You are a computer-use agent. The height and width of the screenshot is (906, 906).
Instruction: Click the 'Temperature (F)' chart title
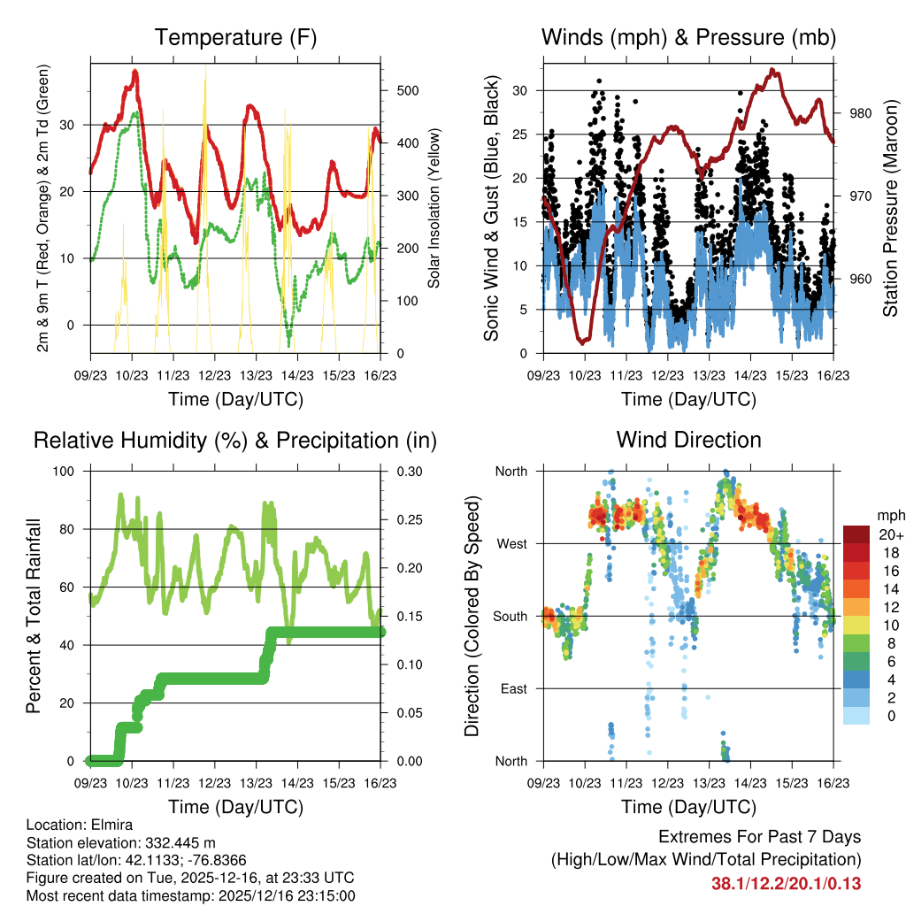234,38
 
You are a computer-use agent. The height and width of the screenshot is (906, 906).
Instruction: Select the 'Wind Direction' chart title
688,440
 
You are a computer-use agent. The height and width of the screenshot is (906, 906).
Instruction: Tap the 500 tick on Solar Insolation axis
408,91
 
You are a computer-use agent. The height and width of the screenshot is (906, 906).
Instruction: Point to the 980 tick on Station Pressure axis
850,113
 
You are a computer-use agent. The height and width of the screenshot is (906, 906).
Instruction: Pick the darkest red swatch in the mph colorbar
856,534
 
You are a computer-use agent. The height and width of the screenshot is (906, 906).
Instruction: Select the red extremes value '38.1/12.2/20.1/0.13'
786,883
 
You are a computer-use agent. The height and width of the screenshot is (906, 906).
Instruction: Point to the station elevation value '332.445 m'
173,842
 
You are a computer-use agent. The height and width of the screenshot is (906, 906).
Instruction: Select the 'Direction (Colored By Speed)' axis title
472,616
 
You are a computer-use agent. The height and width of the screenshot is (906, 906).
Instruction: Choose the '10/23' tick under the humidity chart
132,783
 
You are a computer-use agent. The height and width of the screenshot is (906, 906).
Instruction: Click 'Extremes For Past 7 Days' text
759,837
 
